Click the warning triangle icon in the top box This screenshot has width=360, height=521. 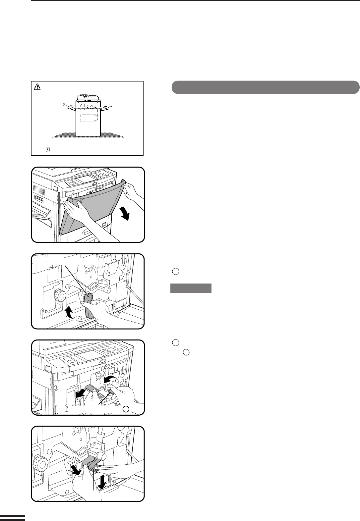(x=37, y=87)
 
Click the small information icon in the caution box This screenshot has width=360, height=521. (x=48, y=150)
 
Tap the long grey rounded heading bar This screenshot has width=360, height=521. (x=265, y=87)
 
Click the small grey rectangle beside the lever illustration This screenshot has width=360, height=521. (x=191, y=288)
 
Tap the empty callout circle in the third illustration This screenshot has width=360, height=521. (x=126, y=409)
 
